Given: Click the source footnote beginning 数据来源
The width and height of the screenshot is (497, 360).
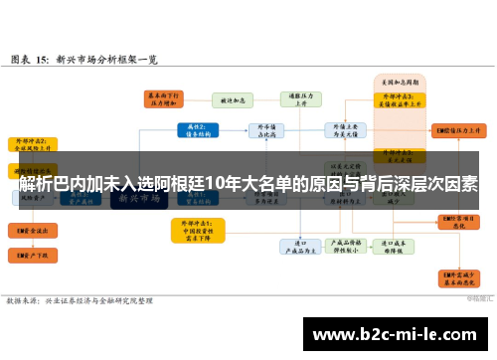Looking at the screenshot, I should tap(80, 299).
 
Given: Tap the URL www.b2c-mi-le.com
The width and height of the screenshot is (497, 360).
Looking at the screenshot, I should tap(394, 334).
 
